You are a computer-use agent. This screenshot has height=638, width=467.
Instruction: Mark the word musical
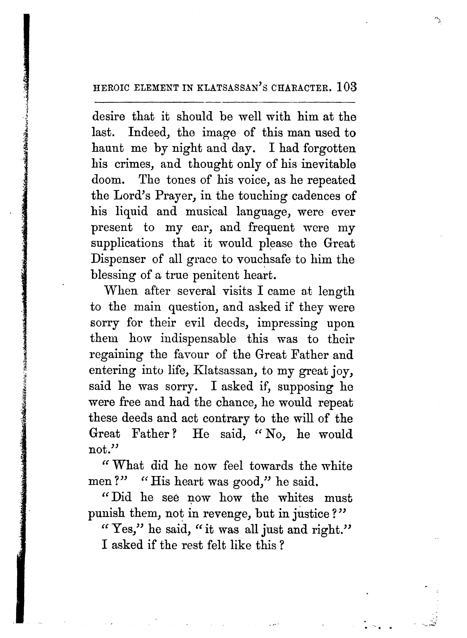(206, 212)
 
